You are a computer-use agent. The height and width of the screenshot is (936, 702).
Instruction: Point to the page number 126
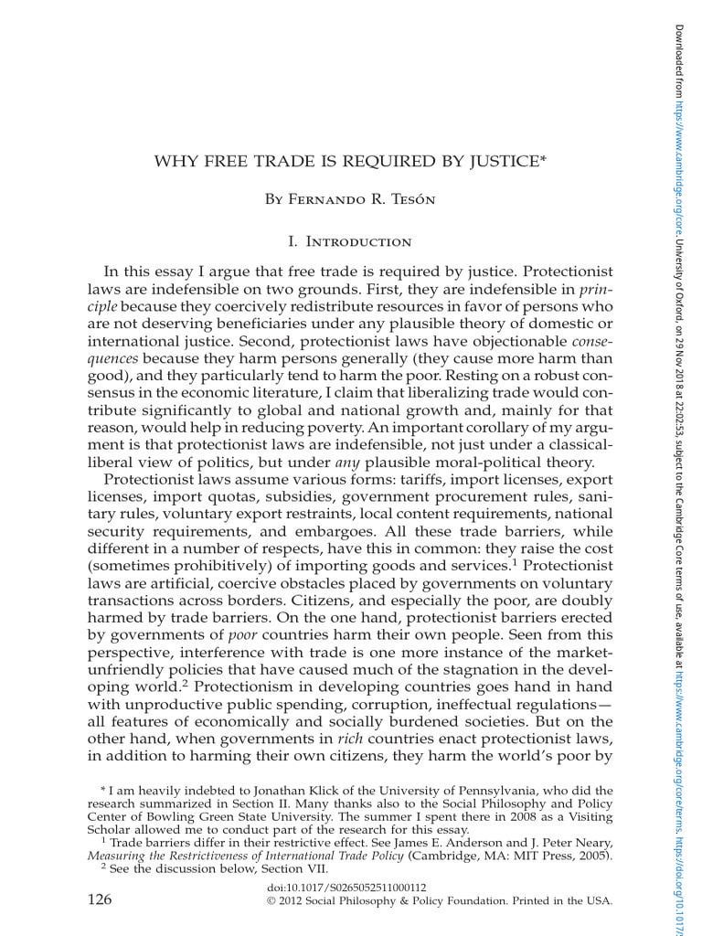click(x=100, y=900)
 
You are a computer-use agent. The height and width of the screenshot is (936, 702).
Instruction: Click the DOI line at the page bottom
click(x=346, y=888)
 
